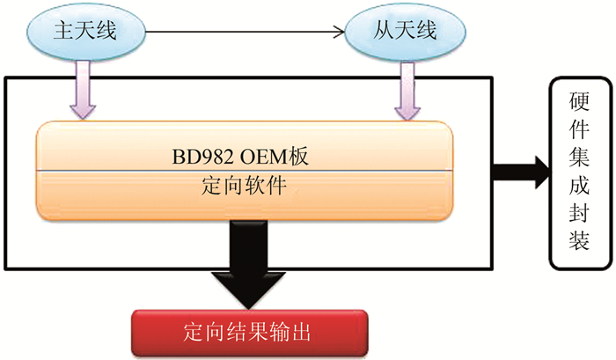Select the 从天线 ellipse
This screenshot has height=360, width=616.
(403, 34)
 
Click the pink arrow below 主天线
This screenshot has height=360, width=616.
(84, 92)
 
